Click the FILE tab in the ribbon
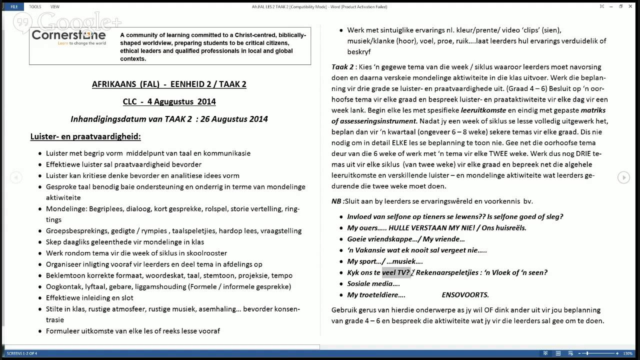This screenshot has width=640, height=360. (14, 6)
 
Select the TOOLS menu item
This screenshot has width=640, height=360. (35, 6)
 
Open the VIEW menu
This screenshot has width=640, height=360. (55, 6)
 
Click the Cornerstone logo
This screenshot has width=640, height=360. (68, 36)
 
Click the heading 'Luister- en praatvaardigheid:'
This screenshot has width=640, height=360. (85, 136)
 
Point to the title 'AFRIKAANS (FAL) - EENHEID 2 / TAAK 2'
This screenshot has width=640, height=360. (169, 84)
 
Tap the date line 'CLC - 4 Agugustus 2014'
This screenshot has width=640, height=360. (169, 101)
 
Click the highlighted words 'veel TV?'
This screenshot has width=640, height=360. (396, 272)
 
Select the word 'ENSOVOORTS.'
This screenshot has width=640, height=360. (465, 295)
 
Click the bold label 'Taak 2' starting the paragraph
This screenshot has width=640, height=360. (342, 67)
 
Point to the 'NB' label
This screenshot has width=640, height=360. (336, 201)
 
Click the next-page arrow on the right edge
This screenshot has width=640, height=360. (623, 177)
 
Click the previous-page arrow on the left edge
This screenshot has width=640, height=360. (16, 177)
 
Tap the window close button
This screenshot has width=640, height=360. (632, 6)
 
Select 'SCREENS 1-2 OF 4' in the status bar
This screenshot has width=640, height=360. (22, 353)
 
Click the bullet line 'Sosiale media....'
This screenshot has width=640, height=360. (373, 284)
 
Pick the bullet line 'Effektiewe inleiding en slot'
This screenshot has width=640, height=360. (89, 297)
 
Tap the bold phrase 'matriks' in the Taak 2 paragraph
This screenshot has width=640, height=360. (593, 110)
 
